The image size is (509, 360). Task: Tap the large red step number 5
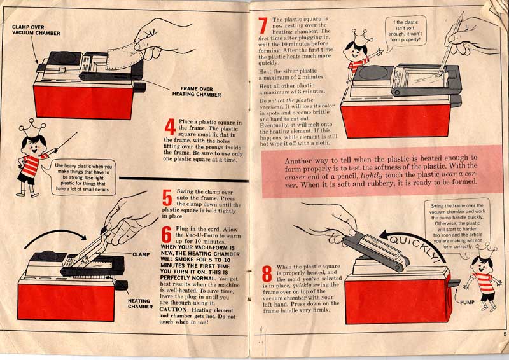tap(167, 197)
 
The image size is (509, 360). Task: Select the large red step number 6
tap(167, 235)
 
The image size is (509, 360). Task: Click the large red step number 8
tap(267, 273)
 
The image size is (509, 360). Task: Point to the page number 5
tap(503, 333)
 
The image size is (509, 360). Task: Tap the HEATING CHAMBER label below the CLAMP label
tap(139, 304)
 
